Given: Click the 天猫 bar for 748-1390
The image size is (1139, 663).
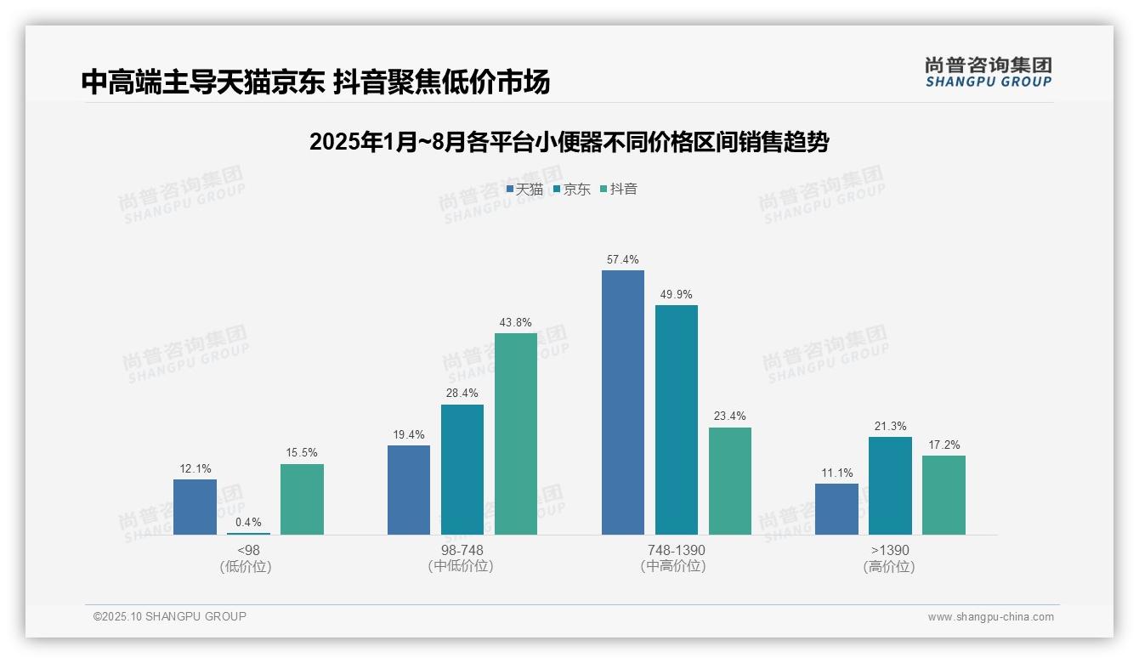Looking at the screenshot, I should click(x=623, y=402).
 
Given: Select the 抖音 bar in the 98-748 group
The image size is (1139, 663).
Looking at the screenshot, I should click(x=516, y=433).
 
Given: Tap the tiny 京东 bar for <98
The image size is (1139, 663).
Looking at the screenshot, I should click(x=248, y=533).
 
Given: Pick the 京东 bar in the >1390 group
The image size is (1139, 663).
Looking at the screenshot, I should click(x=890, y=485).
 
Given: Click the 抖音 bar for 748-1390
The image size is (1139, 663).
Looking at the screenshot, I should click(x=730, y=480).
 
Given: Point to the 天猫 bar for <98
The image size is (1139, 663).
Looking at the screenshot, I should click(x=195, y=507).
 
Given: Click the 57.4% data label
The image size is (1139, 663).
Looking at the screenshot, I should click(x=623, y=259).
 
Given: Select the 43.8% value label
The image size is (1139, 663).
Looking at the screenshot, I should click(x=516, y=322).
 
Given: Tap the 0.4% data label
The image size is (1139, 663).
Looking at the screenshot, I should click(x=248, y=522).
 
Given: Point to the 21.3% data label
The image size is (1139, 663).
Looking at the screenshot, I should click(x=890, y=426).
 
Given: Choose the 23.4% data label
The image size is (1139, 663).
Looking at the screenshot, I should click(x=730, y=416).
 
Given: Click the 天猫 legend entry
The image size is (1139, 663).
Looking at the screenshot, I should click(x=524, y=189).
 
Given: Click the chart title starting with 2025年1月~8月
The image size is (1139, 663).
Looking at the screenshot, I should click(x=569, y=142).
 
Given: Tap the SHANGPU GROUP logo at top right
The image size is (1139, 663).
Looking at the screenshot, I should click(x=988, y=71).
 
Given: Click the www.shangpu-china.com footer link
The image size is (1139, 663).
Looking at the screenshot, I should click(x=990, y=616).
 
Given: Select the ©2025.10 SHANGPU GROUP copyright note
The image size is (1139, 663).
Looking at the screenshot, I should click(x=170, y=616).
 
